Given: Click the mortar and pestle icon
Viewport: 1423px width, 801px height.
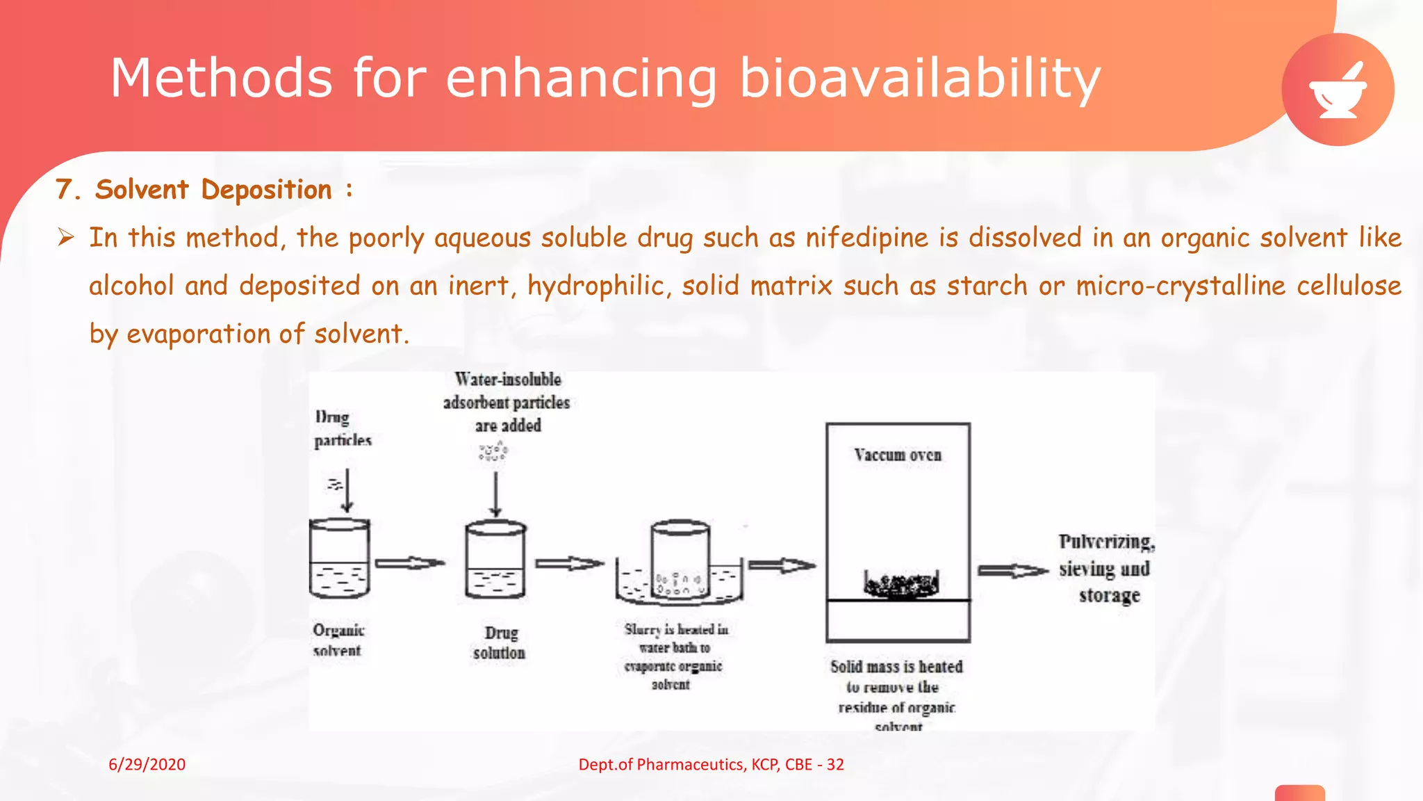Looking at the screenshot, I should [x=1338, y=90].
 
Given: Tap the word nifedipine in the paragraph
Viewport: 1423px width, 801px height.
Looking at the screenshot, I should [x=866, y=238].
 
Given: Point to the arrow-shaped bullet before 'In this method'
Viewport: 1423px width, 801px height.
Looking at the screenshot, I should [x=66, y=238].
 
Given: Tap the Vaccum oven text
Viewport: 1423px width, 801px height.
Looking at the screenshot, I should [x=898, y=455].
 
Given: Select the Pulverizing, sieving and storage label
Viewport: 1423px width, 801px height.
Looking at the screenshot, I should [x=1106, y=568].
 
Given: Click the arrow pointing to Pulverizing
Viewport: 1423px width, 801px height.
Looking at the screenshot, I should [x=1012, y=571].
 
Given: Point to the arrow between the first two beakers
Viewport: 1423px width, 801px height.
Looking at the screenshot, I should [x=410, y=563].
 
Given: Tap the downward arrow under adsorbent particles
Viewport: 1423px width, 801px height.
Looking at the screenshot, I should [x=495, y=494].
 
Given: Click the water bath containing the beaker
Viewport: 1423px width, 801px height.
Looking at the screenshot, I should [x=680, y=584].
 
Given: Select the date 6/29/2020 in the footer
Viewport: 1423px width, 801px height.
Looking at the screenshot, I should [x=147, y=764].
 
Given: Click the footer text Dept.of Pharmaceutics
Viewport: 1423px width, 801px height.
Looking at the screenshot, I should [x=711, y=764].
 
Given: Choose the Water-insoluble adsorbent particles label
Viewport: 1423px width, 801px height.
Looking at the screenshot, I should [x=507, y=402].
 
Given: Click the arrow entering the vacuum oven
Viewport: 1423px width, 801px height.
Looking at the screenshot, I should [x=782, y=565].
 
